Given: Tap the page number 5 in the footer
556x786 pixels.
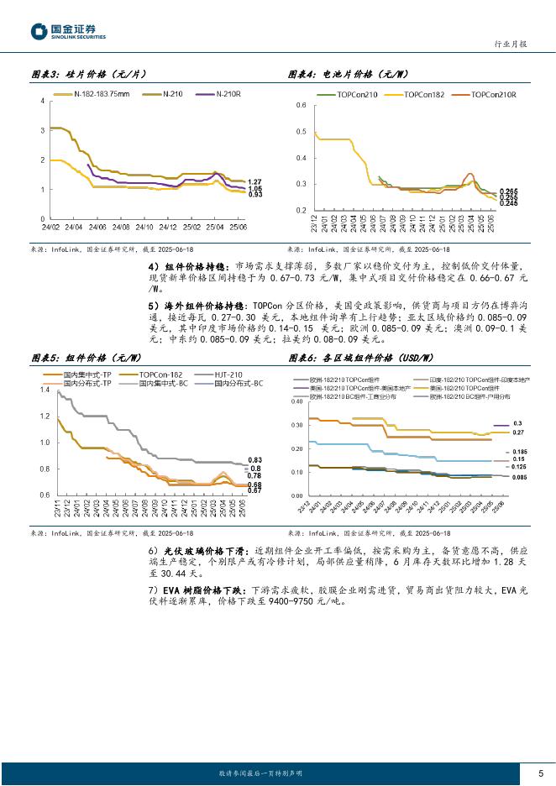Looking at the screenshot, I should (x=539, y=773).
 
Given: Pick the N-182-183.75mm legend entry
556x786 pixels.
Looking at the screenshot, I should (x=101, y=93).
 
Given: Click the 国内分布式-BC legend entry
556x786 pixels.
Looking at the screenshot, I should (x=239, y=382).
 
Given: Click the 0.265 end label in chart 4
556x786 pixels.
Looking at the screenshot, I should (x=508, y=192).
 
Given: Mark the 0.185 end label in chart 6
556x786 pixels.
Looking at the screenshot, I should (x=519, y=452).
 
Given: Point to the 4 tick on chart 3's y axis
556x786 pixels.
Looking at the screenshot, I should (x=43, y=102).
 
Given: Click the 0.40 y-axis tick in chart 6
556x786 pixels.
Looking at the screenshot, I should (x=297, y=402).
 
